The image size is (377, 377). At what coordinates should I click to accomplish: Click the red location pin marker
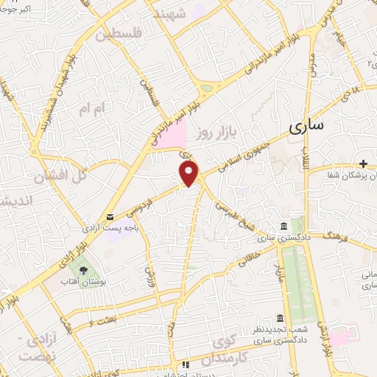coord(189,174)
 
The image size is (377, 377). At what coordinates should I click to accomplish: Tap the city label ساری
coord(306,126)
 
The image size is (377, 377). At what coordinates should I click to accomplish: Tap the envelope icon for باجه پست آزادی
coord(110,216)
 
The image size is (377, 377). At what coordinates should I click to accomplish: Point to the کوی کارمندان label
coord(233,350)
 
